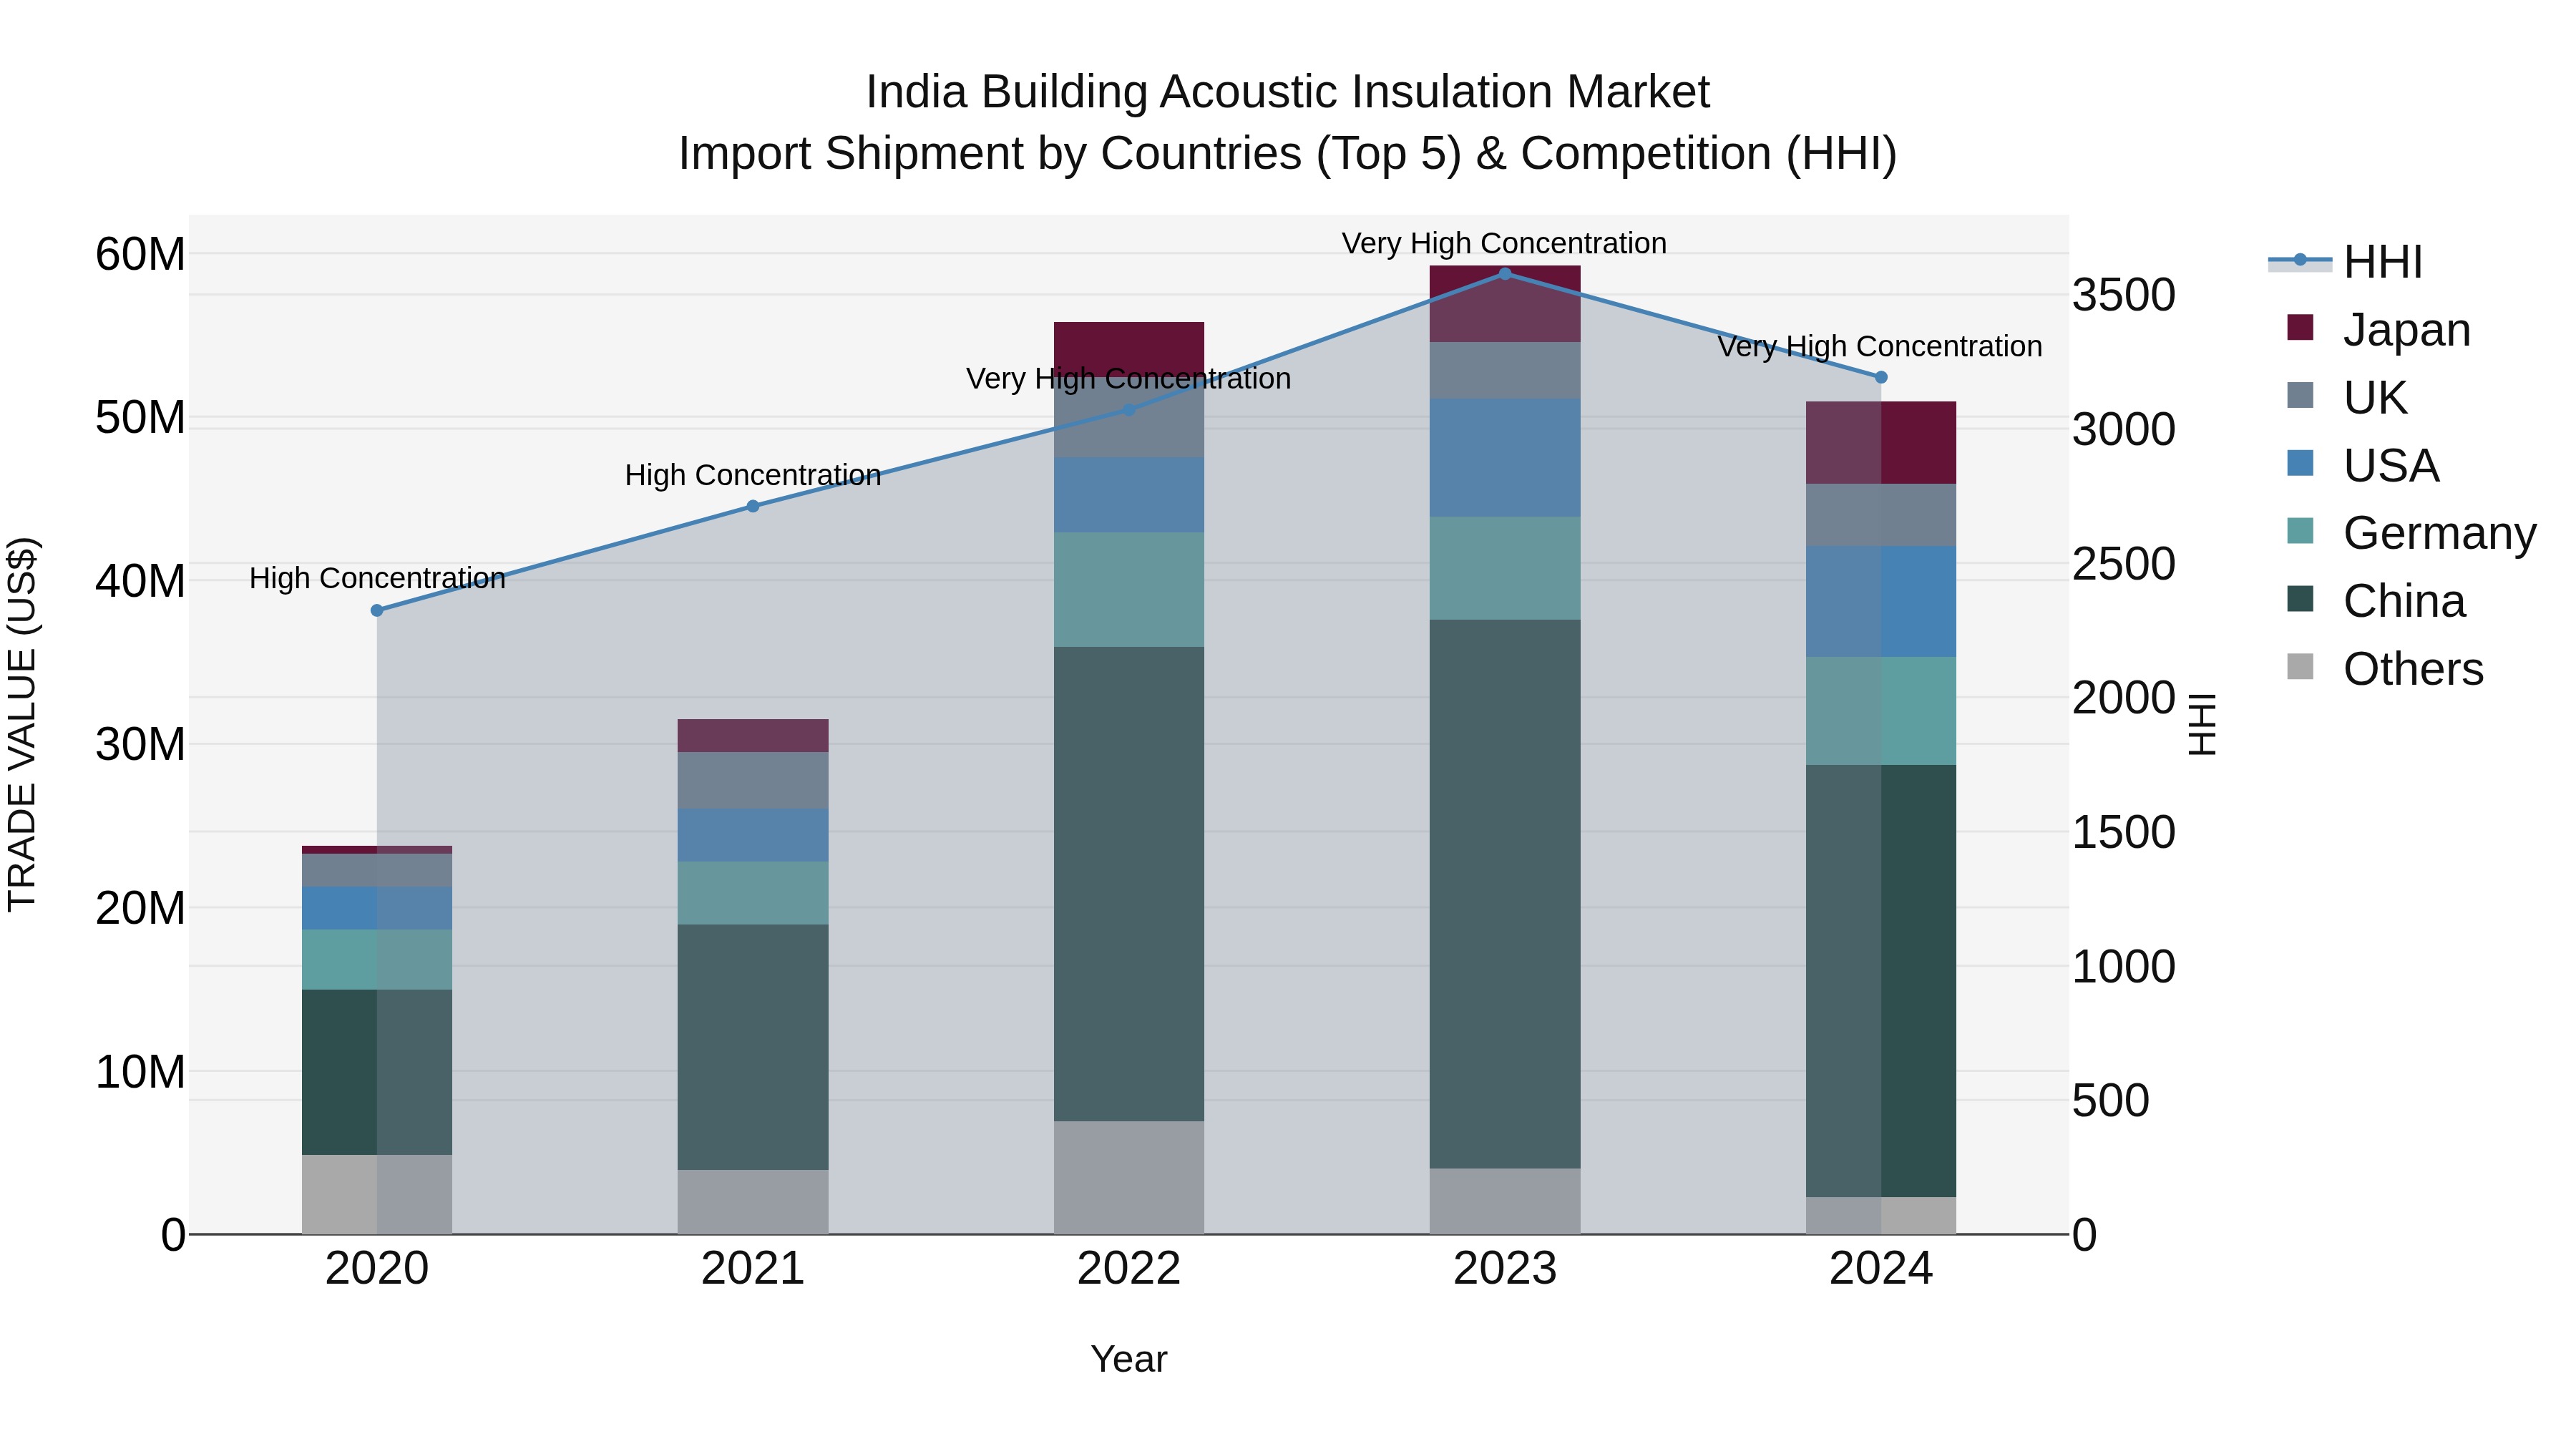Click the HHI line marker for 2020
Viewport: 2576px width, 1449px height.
(377, 610)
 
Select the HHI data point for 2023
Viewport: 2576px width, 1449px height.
(1505, 274)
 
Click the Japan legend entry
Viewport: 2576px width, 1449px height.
(2406, 330)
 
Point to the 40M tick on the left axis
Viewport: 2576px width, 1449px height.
(140, 581)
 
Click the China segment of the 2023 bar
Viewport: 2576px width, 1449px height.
(1505, 893)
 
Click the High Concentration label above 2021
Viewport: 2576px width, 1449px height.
(753, 475)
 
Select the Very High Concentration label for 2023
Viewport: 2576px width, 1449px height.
(1504, 243)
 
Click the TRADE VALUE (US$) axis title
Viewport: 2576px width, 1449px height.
(22, 724)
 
